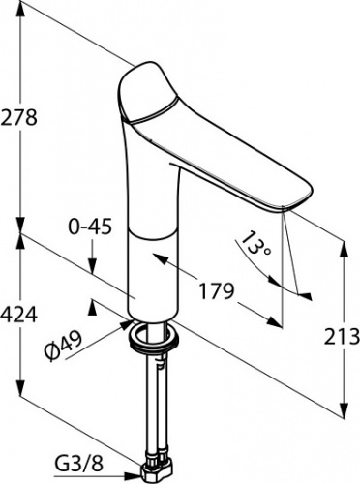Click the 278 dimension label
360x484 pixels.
pos(19,117)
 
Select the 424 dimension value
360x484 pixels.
pos(19,315)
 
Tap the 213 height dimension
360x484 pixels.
pos(342,336)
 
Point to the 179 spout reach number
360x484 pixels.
pos(216,291)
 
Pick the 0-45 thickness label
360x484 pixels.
pos(90,227)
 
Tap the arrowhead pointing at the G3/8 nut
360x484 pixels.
pos(134,474)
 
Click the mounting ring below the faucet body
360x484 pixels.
pos(154,338)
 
